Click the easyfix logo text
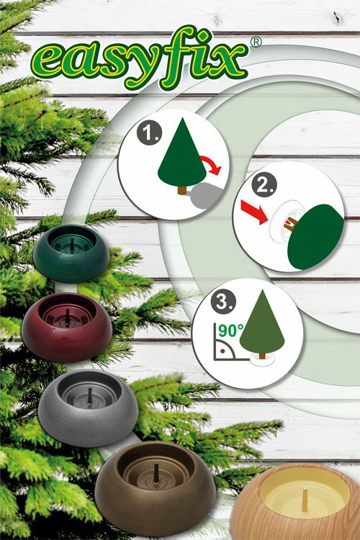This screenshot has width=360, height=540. coord(140,58)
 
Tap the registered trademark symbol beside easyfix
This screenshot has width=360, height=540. coord(256,42)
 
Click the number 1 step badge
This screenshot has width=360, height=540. coord(148,132)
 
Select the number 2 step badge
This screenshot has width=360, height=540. coord(264,186)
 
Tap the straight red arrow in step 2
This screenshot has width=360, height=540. coord(254,212)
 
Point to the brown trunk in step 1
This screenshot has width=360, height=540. coord(183,191)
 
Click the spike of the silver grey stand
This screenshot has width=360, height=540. coord(90,397)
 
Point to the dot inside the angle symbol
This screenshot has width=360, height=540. coord(223,351)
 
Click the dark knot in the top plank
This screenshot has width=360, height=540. coord(336,17)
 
